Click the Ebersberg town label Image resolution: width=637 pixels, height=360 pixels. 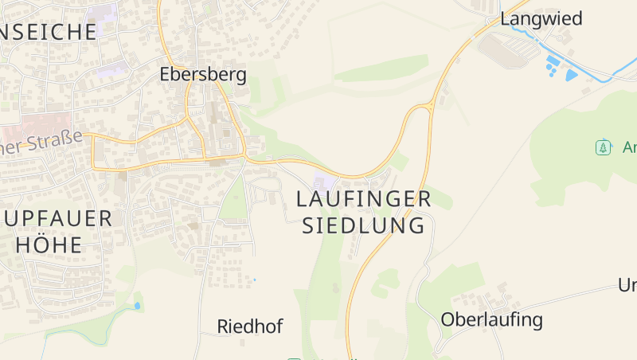pos(203,74)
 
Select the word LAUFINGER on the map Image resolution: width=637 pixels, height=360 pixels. pos(364,199)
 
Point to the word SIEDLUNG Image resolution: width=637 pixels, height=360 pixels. pos(364,225)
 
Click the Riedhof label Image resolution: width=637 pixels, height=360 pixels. pos(250,327)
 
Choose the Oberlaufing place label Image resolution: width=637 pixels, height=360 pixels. pos(491,320)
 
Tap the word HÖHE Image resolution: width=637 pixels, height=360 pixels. pos(49,245)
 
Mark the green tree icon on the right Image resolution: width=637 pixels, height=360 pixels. pos(603,147)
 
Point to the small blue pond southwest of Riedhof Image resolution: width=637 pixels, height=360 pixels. pos(137,305)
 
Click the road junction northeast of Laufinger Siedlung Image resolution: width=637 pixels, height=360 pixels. pos(431,106)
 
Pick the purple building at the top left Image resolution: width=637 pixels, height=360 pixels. pos(102,13)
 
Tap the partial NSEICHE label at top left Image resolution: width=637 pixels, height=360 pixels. pos(49,32)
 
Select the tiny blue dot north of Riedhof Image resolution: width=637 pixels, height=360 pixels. pos(255,280)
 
